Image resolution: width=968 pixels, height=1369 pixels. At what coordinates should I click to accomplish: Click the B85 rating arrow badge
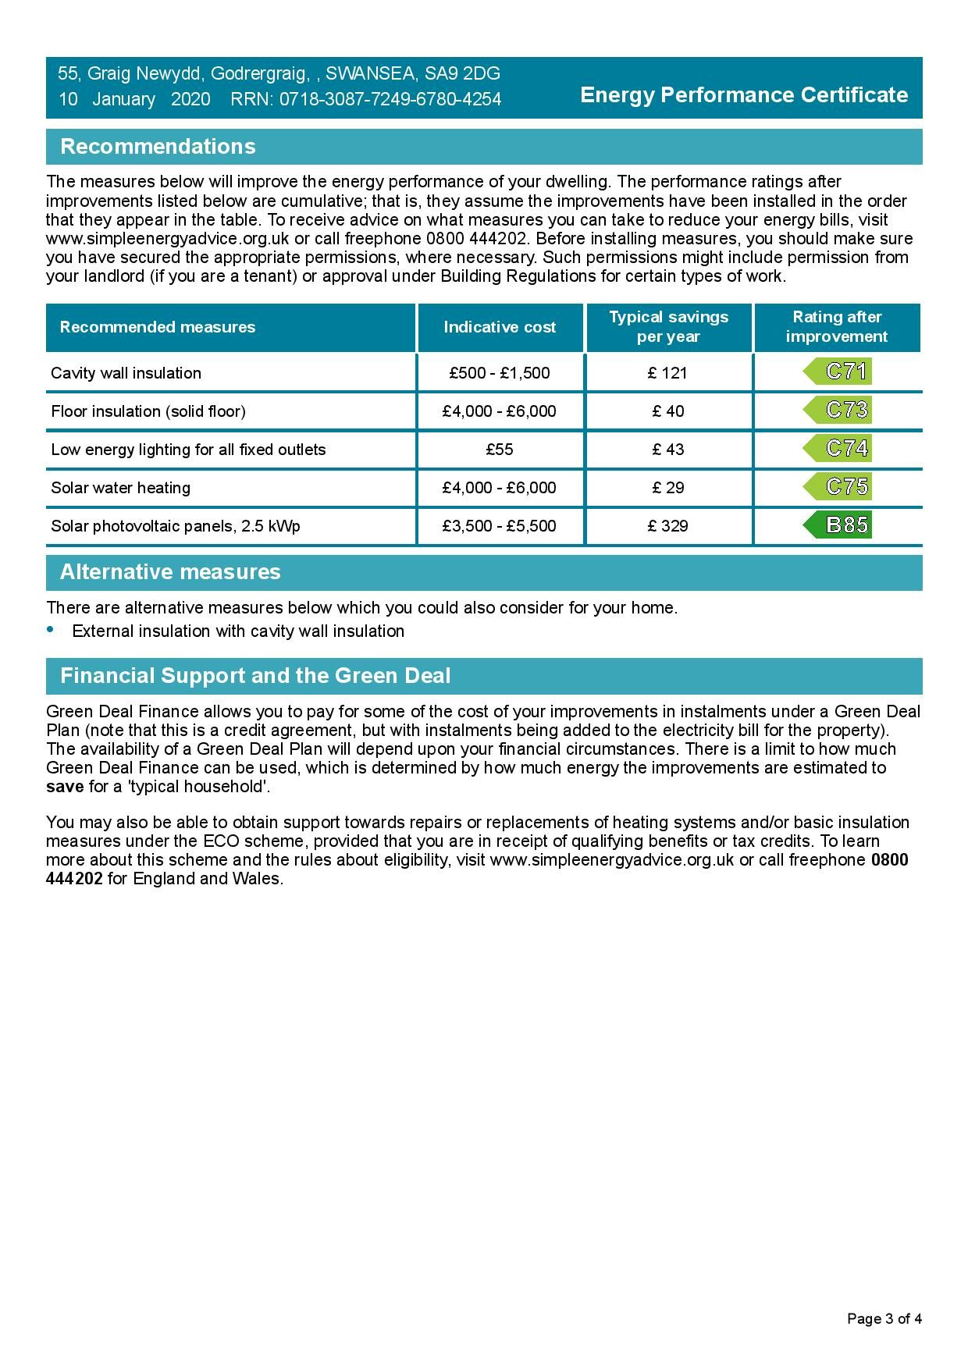[x=838, y=525]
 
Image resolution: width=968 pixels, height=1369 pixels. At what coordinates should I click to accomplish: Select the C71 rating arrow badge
[x=838, y=372]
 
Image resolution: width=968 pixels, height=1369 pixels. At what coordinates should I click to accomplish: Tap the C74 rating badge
[x=838, y=449]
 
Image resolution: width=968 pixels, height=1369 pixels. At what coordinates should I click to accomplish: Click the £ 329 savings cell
[x=668, y=526]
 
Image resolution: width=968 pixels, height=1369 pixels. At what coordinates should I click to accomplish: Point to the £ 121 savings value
[x=668, y=373]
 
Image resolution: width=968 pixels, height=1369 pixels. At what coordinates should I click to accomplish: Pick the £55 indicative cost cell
[x=500, y=450]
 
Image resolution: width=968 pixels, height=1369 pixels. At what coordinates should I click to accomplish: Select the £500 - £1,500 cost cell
[x=500, y=373]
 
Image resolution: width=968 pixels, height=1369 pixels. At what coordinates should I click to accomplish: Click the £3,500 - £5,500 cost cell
[x=500, y=526]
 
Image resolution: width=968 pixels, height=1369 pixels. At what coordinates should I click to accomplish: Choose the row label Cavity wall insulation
[x=126, y=373]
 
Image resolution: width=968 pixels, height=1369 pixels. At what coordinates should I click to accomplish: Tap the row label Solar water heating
[x=121, y=488]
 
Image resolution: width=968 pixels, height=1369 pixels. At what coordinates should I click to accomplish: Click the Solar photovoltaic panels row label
[x=176, y=526]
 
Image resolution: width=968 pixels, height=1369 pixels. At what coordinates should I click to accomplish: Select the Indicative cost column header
[x=500, y=327]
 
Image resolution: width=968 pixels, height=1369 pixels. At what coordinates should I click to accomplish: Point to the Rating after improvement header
[x=837, y=327]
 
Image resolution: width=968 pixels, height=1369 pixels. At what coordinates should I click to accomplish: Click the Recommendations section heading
[x=158, y=147]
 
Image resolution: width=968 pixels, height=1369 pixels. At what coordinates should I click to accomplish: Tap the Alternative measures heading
[x=170, y=572]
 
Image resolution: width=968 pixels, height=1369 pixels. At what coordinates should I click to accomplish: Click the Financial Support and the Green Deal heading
[x=255, y=676]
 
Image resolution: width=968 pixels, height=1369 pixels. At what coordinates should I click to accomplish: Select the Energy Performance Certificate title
[x=744, y=95]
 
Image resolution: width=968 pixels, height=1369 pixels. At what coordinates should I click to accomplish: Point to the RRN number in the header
[x=366, y=100]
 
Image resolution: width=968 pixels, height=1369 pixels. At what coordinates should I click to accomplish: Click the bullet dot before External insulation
[x=52, y=629]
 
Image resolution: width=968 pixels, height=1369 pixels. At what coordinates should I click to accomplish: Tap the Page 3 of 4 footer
[x=884, y=1319]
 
